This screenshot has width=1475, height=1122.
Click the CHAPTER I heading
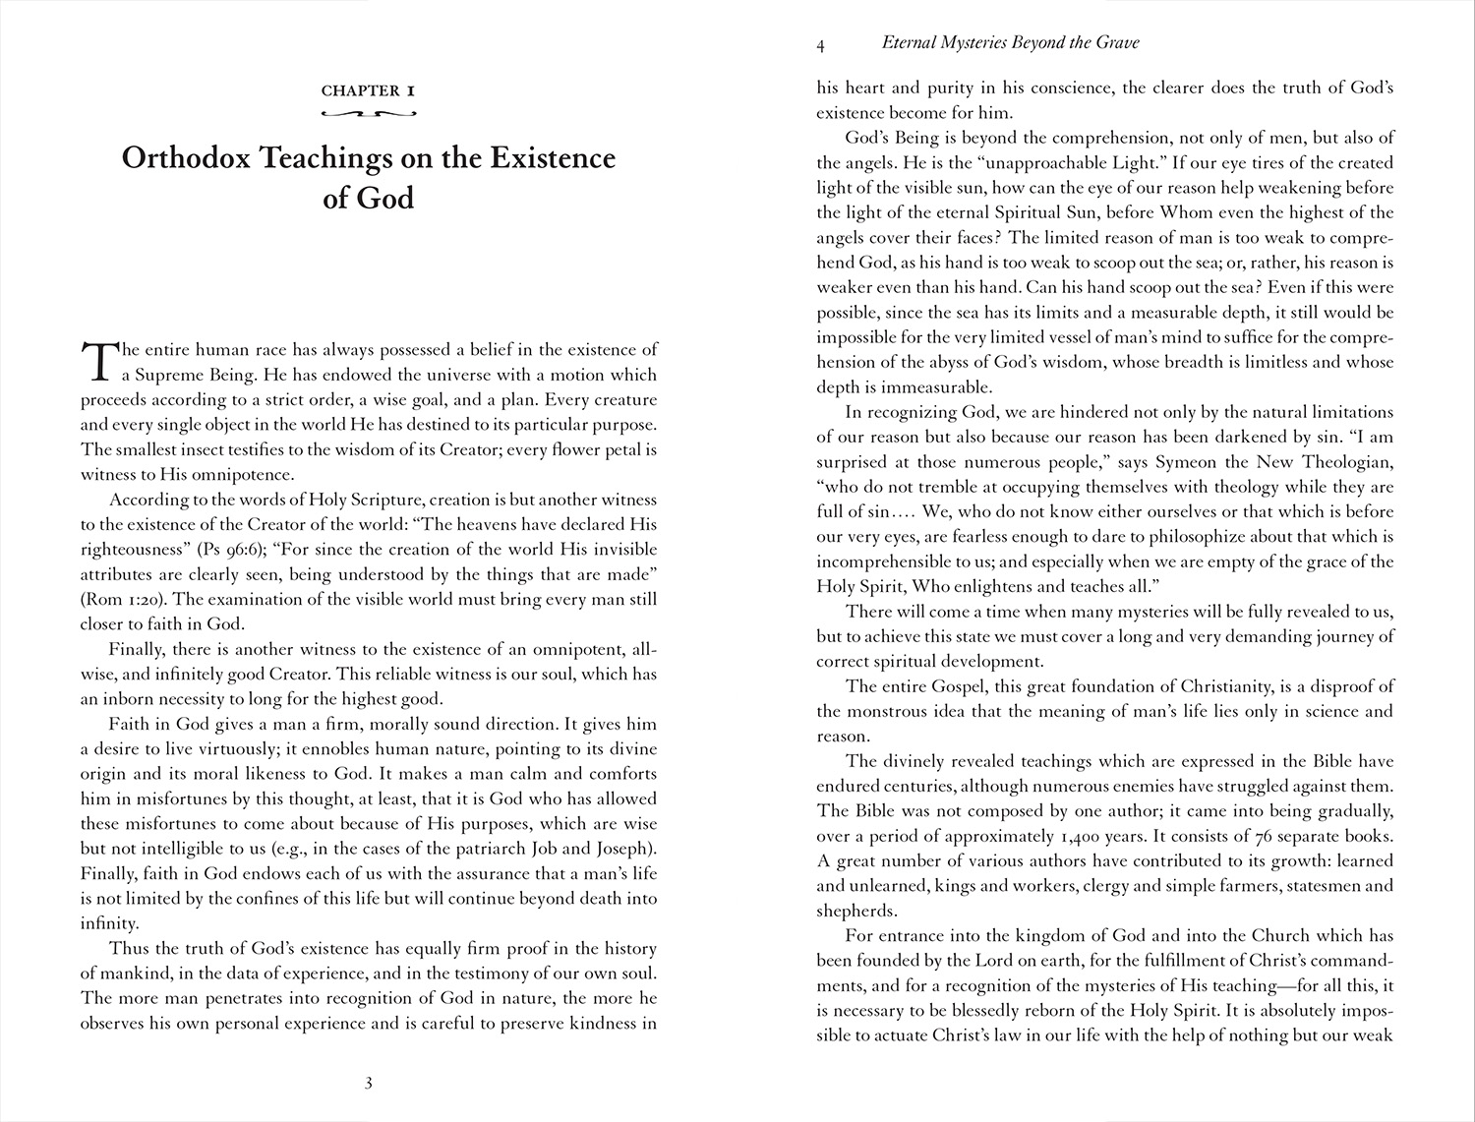click(x=369, y=90)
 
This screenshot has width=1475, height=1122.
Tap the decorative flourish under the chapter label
click(x=369, y=114)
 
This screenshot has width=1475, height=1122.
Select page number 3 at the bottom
click(x=368, y=1084)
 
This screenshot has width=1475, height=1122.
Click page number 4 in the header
click(x=820, y=43)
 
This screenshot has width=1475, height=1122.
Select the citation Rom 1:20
click(x=114, y=599)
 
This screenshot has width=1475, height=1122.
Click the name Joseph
click(x=625, y=849)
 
